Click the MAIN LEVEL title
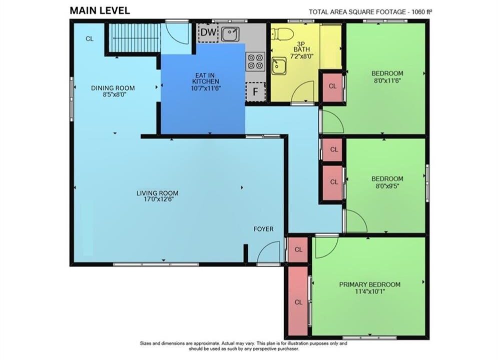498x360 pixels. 100,10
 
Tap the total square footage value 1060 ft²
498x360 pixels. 422,12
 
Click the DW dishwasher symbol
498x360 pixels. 208,32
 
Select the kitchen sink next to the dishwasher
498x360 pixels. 230,34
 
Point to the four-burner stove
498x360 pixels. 256,61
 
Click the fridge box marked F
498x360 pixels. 255,91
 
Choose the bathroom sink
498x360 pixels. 279,65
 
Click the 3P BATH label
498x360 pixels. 302,46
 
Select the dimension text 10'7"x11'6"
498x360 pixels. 206,88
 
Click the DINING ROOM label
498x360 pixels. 113,88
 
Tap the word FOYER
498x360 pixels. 263,229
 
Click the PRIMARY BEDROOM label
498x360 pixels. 370,284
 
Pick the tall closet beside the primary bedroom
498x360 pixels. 298,300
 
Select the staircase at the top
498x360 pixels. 134,37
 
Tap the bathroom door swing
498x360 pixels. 302,90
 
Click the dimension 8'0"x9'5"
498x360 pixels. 387,186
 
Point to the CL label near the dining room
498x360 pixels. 90,38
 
